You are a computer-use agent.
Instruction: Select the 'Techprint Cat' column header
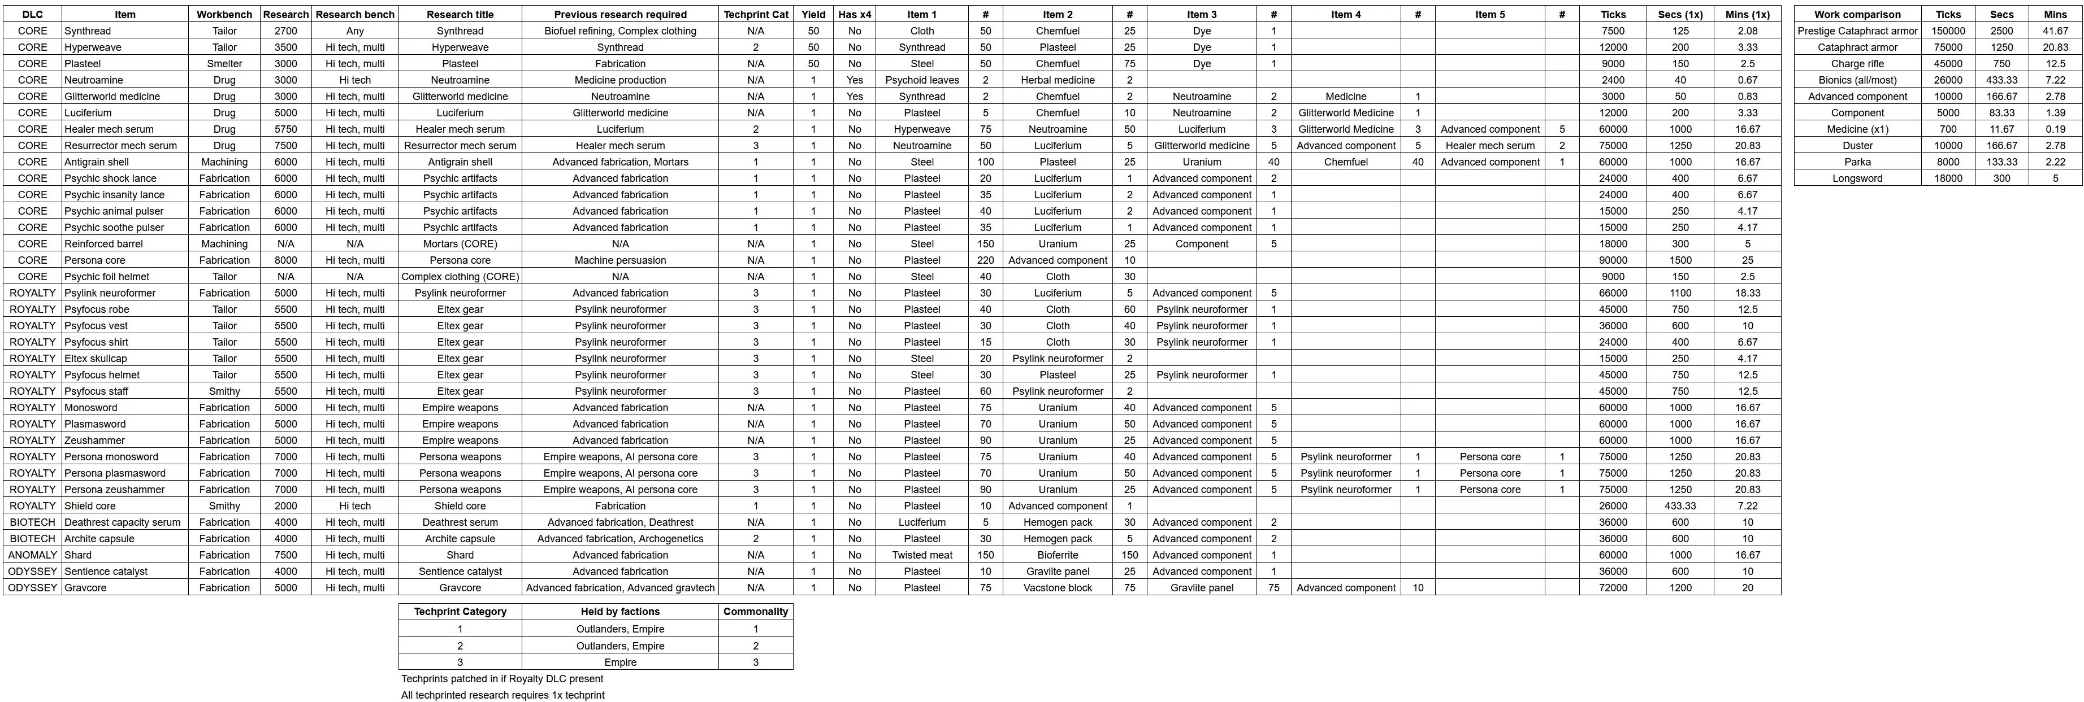(x=756, y=15)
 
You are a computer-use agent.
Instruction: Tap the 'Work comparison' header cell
(x=1857, y=15)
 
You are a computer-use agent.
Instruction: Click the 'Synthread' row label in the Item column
(x=88, y=30)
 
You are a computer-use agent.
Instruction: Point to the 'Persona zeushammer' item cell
(x=114, y=489)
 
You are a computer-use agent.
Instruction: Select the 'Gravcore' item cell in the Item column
(x=85, y=588)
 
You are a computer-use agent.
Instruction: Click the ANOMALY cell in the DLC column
(x=32, y=555)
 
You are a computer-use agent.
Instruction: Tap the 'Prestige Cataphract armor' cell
(x=1857, y=30)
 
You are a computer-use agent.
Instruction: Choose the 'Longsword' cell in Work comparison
(x=1857, y=178)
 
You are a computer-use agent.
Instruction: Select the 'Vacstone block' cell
(x=1058, y=588)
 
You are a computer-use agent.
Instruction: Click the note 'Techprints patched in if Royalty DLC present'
(x=501, y=678)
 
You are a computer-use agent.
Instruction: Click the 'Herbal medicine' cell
(x=1058, y=80)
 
